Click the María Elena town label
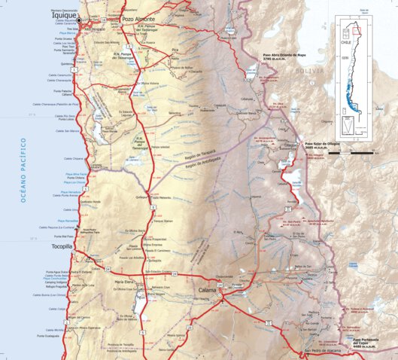pos(123,282)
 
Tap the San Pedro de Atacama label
pos(323,352)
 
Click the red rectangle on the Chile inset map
pos(358,31)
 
